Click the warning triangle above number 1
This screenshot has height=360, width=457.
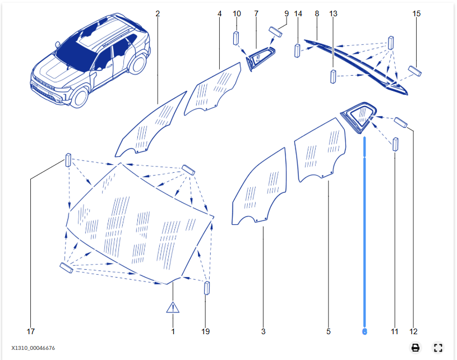point(173,307)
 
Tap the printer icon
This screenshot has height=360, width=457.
point(416,348)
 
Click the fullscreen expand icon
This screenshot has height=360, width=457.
point(438,348)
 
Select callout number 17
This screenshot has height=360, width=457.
point(31,331)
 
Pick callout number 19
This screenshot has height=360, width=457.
point(205,331)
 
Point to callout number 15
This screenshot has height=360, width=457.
point(417,13)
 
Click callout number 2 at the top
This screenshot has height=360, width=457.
point(158,13)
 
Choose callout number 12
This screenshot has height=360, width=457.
point(414,331)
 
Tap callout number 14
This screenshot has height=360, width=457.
point(298,13)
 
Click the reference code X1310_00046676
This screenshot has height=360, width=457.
point(33,348)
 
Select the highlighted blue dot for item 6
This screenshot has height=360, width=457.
point(364,331)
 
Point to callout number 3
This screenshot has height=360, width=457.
point(263,331)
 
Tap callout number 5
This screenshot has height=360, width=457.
point(329,331)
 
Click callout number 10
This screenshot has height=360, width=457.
point(237,13)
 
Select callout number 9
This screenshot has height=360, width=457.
point(286,13)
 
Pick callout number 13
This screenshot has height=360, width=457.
point(334,13)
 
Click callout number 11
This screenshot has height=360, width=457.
point(395,331)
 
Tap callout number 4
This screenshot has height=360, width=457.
point(220,13)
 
